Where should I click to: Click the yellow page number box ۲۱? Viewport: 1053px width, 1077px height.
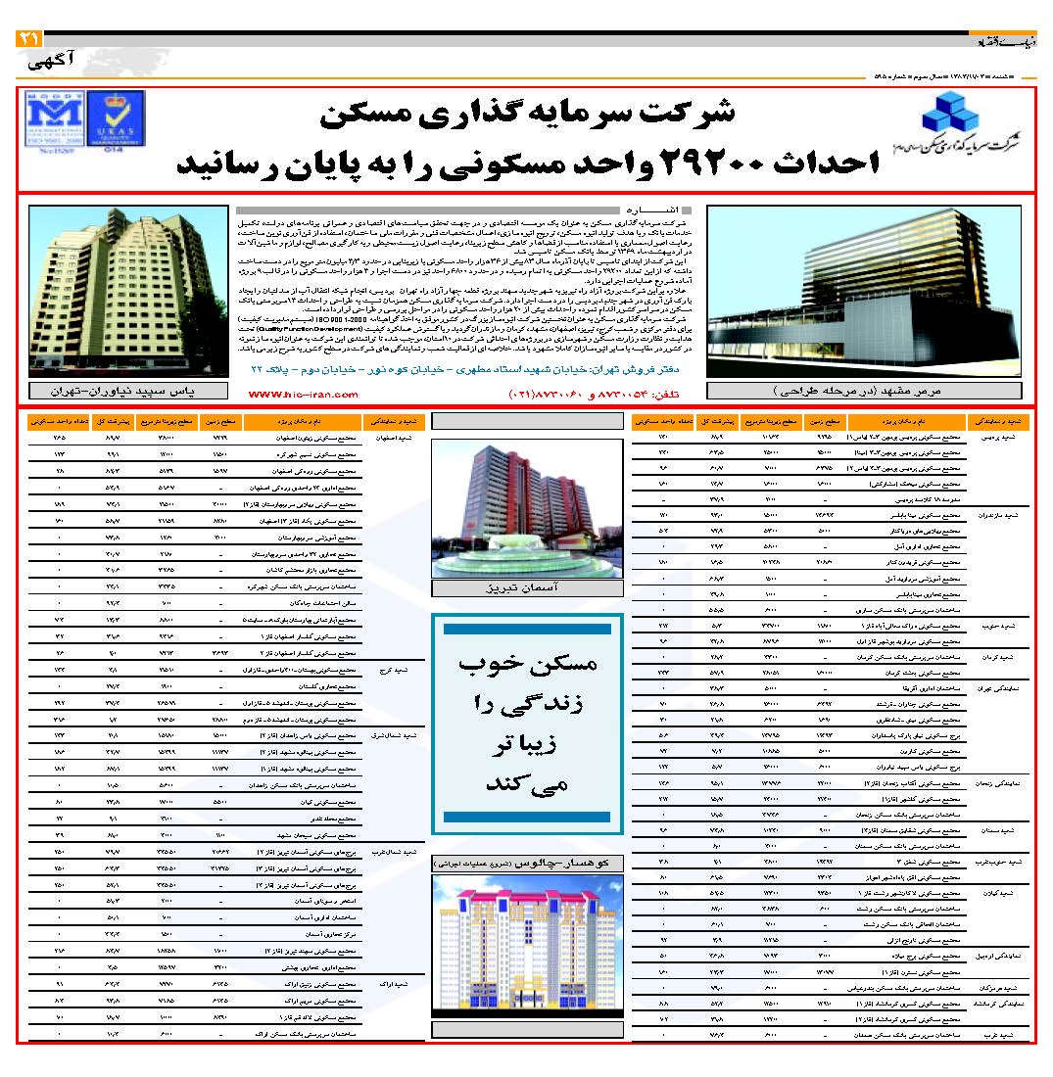tap(27, 39)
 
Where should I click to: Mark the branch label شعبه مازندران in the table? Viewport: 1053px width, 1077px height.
tap(997, 513)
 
